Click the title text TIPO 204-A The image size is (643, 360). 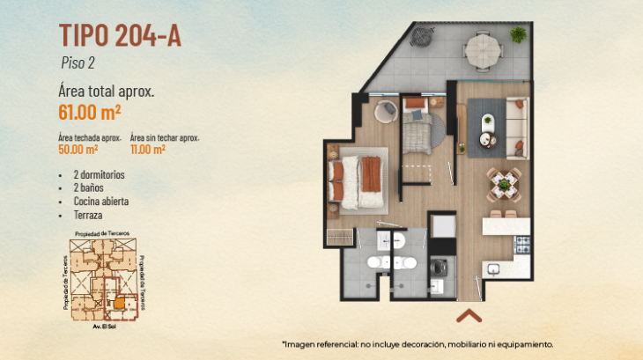point(120,35)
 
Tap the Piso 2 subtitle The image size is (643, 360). point(78,62)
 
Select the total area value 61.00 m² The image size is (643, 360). point(89,112)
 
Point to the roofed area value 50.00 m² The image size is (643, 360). point(78,149)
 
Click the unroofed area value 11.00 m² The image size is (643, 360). point(148,149)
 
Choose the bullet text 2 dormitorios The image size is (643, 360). point(99,174)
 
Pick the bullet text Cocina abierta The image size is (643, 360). point(101,201)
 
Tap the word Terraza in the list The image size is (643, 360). point(88,215)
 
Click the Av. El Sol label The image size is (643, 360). point(104,327)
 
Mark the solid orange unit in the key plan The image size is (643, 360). point(119,304)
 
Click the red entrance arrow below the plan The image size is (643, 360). point(469,316)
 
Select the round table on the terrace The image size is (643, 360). point(484,51)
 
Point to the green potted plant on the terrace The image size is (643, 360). point(518,35)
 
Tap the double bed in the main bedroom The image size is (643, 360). point(356,182)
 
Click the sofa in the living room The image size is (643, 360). point(518,129)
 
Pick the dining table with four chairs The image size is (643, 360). point(504,185)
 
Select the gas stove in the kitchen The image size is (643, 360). point(522,245)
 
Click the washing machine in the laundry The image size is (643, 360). point(438,267)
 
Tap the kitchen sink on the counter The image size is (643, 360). point(493,269)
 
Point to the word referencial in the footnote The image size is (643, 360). point(338,344)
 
